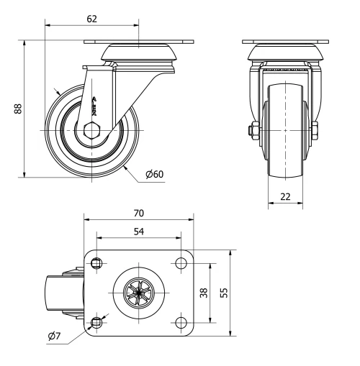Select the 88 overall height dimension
click(x=17, y=108)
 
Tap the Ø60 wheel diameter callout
click(x=153, y=175)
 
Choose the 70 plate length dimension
click(x=138, y=213)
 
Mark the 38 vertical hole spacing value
click(x=204, y=293)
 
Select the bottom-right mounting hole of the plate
click(x=179, y=321)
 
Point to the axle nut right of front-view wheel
click(x=317, y=131)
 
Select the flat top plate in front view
click(x=285, y=42)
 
